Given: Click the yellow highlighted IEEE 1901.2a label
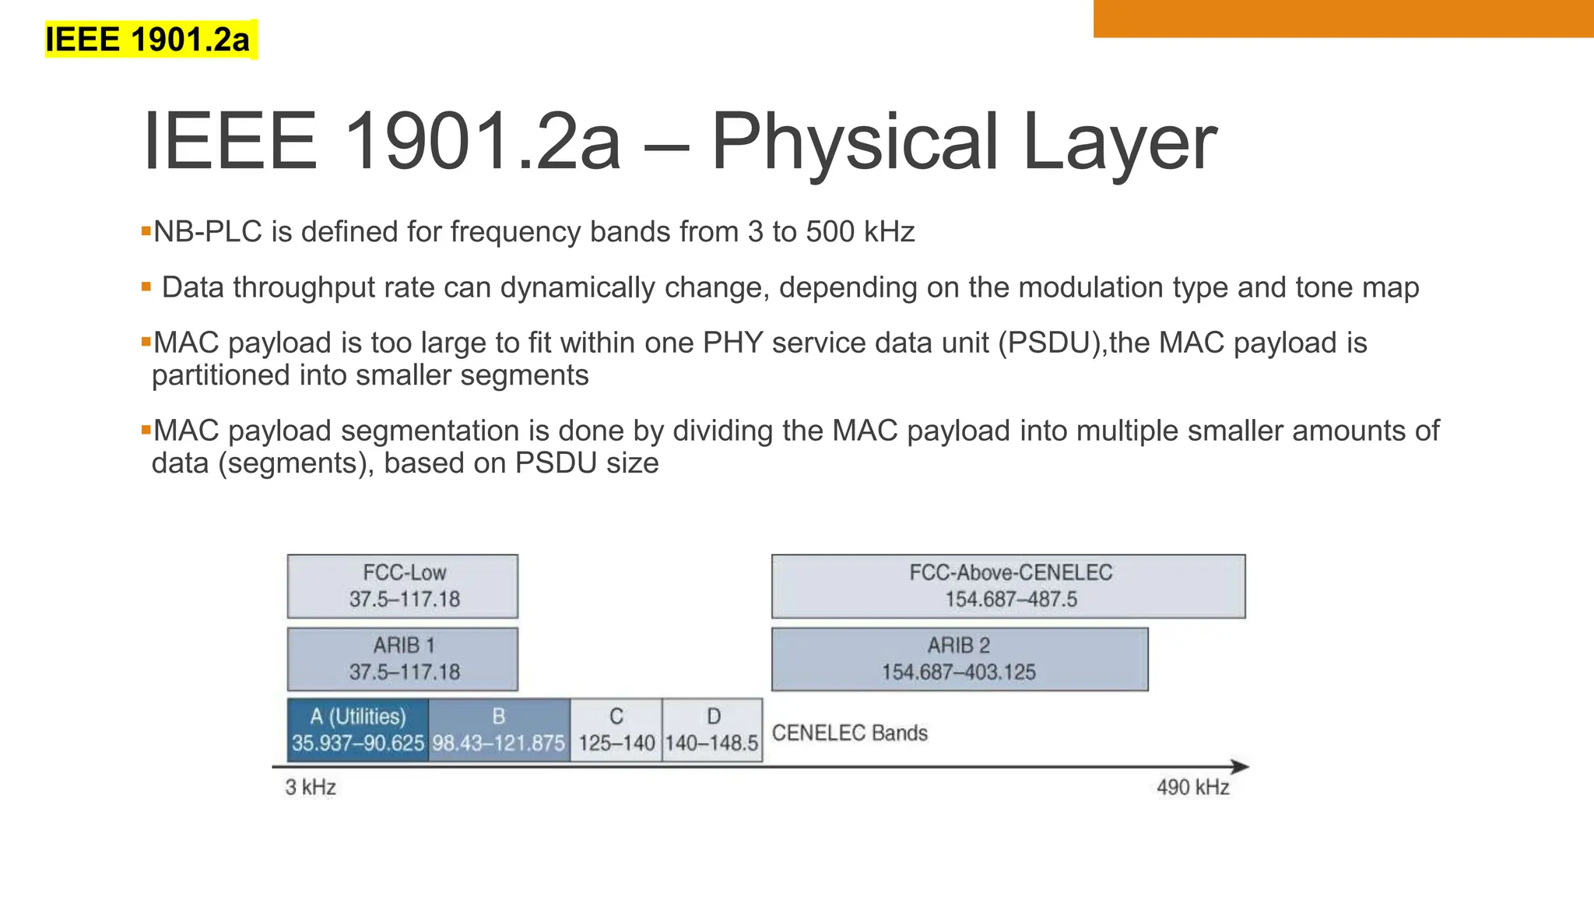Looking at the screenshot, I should (x=148, y=40).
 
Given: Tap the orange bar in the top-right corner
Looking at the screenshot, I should (x=1343, y=18).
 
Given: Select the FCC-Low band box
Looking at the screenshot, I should (x=402, y=586).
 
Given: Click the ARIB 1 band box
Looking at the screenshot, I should (x=402, y=659).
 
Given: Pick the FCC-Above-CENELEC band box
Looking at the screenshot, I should (x=1008, y=586).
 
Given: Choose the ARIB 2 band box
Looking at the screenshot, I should (x=959, y=659).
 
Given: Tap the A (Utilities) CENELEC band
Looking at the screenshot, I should (x=357, y=730).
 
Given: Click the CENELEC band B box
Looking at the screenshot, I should (x=499, y=730).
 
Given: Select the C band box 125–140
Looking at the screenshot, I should (x=616, y=730).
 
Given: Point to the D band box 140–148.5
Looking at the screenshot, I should (x=711, y=730).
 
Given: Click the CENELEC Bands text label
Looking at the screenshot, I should (x=849, y=733).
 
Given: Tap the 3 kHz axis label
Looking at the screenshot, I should (x=311, y=787).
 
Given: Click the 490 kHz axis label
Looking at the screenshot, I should (x=1192, y=787).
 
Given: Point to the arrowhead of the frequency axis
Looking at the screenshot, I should (x=1241, y=767).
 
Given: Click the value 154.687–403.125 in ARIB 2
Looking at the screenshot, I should (x=958, y=672).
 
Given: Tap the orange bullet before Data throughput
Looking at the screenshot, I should (x=146, y=287).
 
